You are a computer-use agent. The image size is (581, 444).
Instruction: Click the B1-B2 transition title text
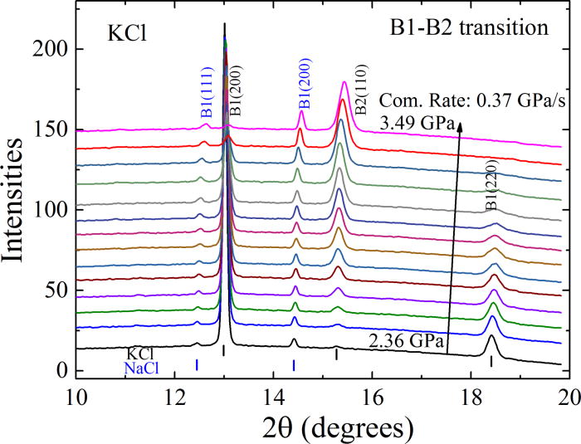pyautogui.click(x=470, y=28)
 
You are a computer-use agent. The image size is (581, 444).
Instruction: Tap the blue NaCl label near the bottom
pyautogui.click(x=142, y=368)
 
